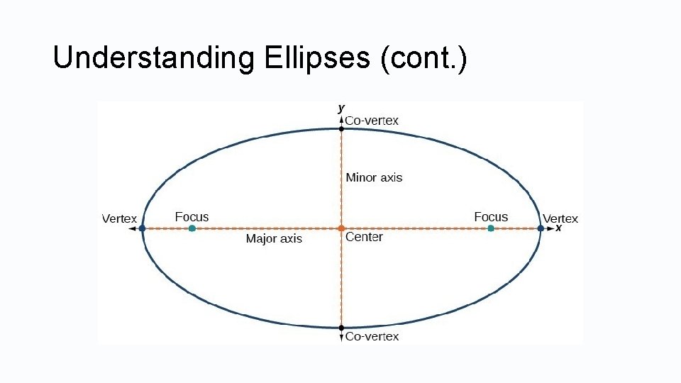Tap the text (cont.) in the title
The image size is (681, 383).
click(x=423, y=58)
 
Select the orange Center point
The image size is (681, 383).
click(x=341, y=228)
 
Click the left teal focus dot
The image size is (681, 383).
click(x=192, y=228)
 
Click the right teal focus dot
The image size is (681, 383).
click(x=491, y=228)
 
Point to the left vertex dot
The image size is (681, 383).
click(x=143, y=228)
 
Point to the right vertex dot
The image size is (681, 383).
click(x=541, y=228)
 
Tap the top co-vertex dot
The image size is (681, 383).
click(x=341, y=128)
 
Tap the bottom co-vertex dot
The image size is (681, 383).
click(x=341, y=328)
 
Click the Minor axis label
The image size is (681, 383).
click(x=374, y=177)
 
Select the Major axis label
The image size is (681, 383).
click(x=274, y=239)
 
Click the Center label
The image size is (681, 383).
click(x=364, y=238)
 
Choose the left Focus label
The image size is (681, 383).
click(x=192, y=217)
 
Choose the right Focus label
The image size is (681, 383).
click(x=491, y=217)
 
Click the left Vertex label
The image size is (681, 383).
click(x=119, y=219)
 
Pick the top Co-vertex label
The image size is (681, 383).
click(x=372, y=121)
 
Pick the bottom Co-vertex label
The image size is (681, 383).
click(x=372, y=337)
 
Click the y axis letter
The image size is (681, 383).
click(x=341, y=108)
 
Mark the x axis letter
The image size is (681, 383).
click(x=558, y=228)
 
